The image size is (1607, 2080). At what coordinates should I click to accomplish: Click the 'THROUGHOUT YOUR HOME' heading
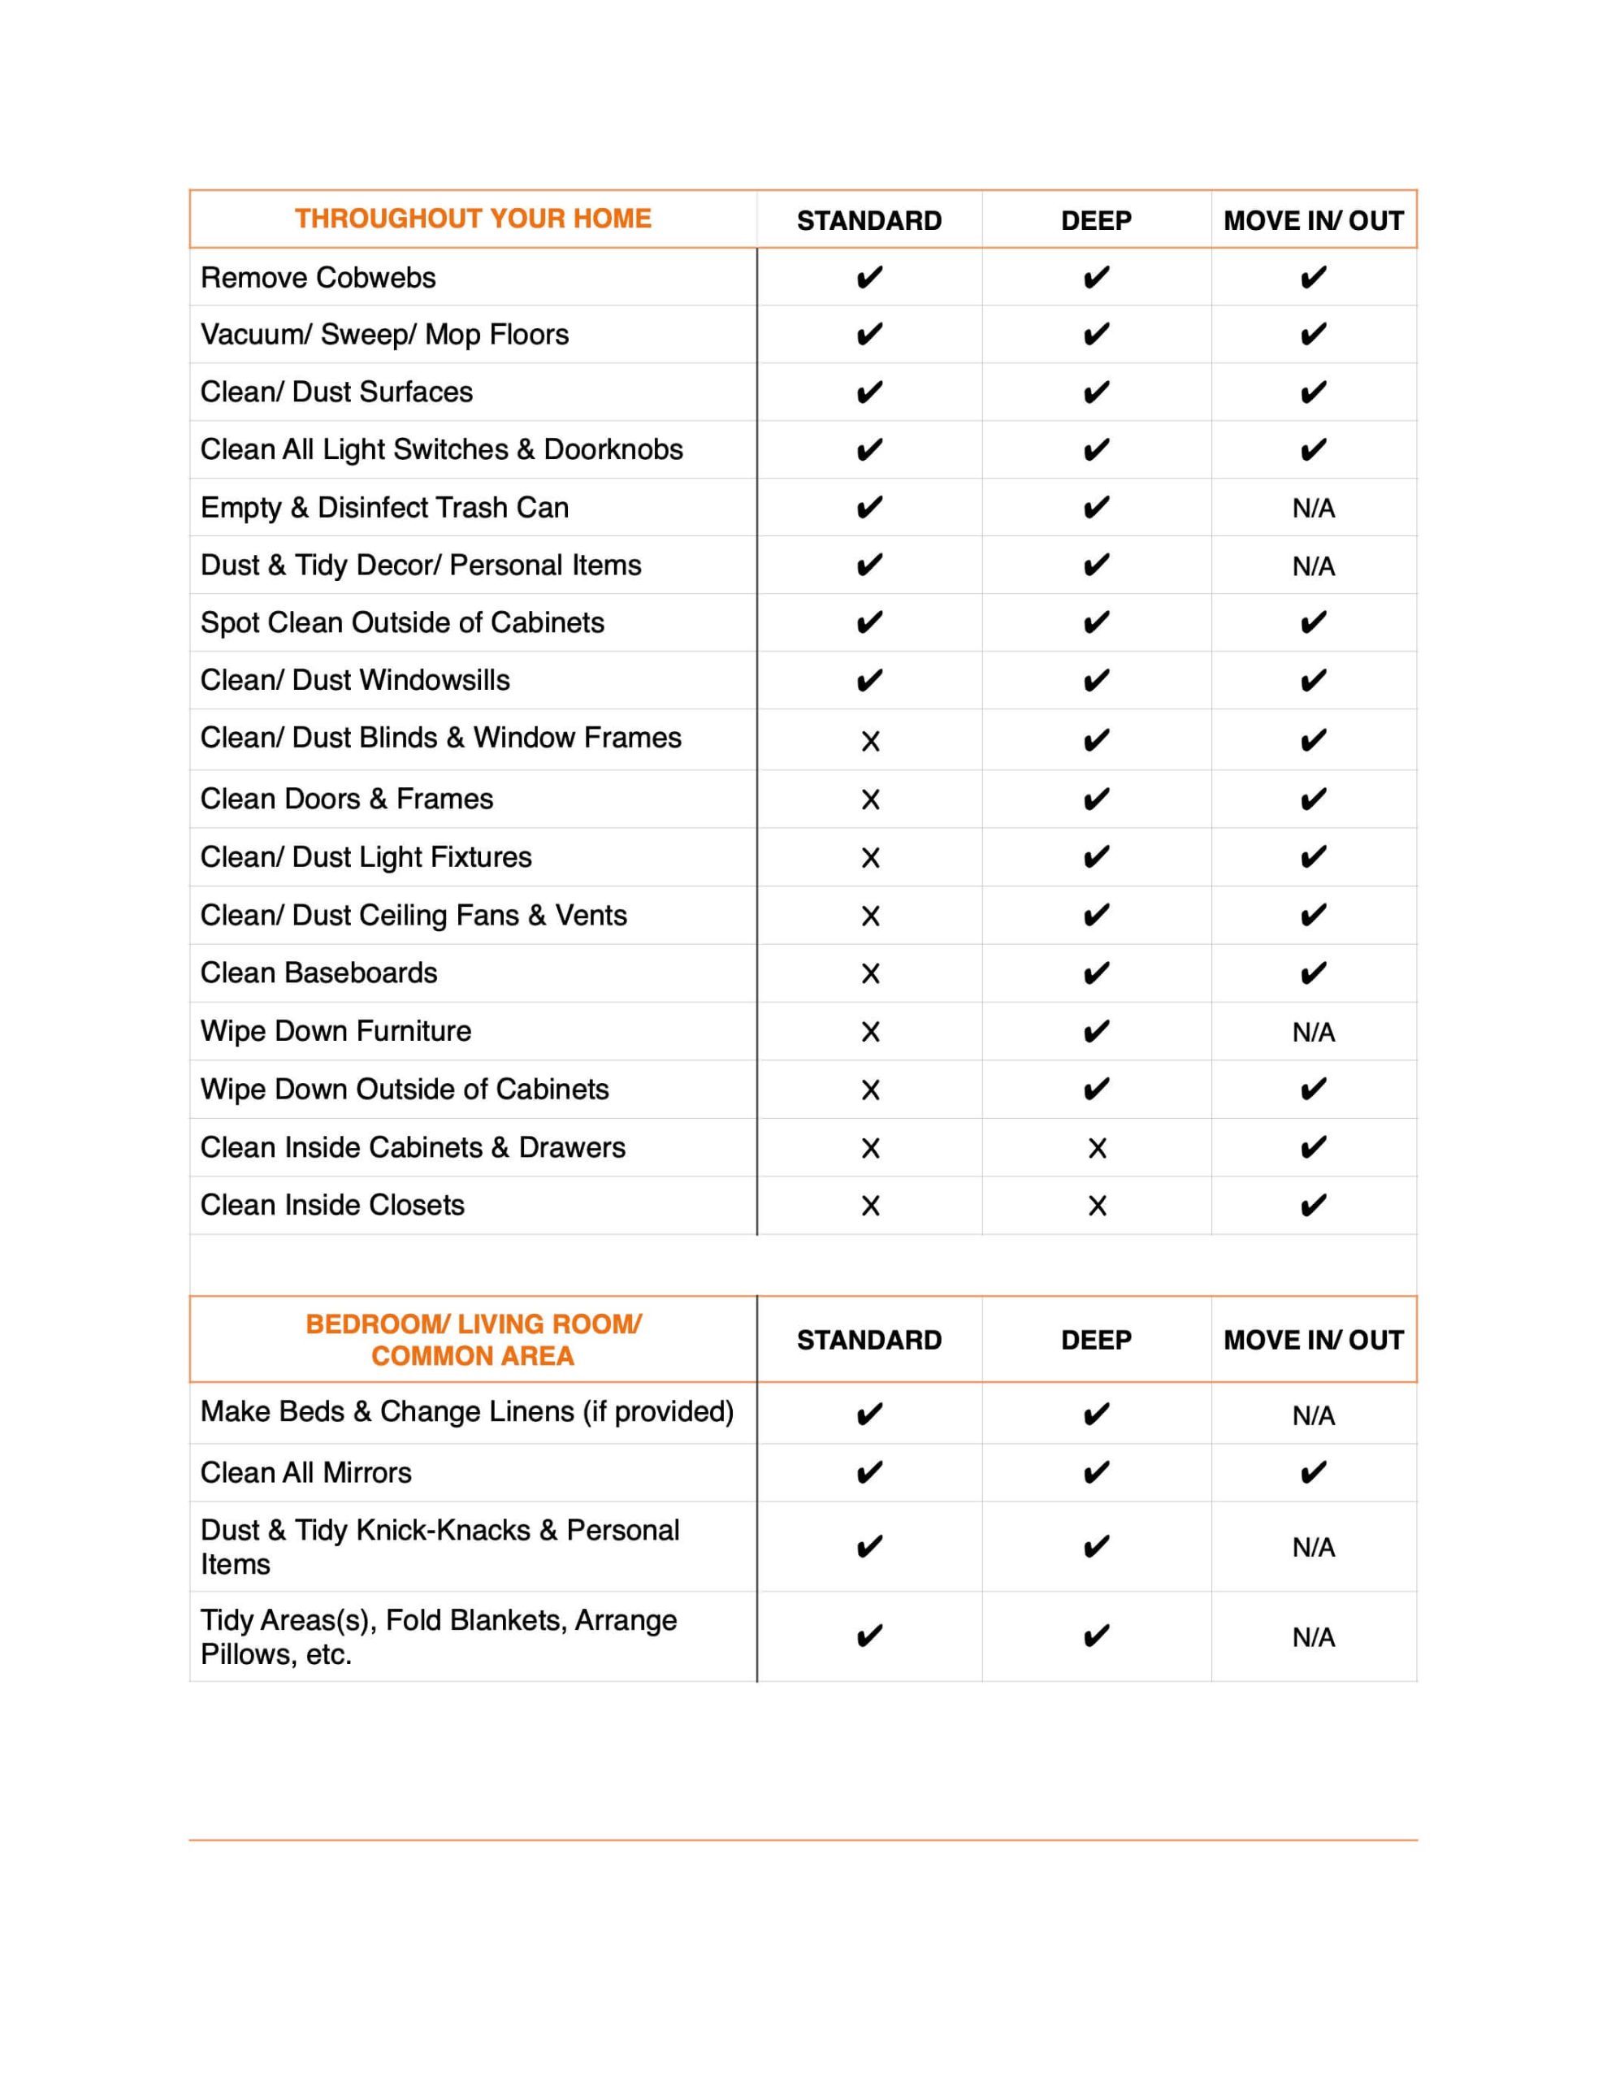point(473,219)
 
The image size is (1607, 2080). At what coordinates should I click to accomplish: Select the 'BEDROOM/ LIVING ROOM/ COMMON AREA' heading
point(473,1339)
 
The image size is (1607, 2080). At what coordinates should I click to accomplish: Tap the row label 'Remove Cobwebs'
point(318,278)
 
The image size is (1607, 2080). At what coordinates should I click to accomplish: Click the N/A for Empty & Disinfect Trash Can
point(1313,509)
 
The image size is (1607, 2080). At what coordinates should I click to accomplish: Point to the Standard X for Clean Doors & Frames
point(869,800)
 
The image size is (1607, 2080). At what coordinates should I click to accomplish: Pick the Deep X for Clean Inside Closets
point(1097,1206)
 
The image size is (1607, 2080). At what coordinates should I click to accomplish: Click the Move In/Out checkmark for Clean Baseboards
point(1313,973)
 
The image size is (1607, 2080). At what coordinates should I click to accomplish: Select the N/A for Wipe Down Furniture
point(1313,1033)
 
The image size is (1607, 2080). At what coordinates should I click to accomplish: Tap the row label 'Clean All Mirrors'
point(305,1472)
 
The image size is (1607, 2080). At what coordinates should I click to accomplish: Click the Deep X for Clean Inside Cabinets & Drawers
point(1097,1149)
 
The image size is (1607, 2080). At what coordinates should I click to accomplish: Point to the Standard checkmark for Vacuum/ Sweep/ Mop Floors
point(868,336)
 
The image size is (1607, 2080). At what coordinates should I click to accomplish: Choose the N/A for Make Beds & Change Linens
point(1313,1416)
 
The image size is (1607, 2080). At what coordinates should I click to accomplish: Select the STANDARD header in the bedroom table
point(868,1340)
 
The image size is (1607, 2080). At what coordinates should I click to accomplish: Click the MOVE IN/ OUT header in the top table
point(1313,221)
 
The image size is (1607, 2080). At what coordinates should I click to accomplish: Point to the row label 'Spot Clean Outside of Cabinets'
point(402,623)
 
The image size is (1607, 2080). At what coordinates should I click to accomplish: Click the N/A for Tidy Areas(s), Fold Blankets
point(1313,1637)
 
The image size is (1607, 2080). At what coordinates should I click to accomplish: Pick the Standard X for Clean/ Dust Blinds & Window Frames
point(869,741)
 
